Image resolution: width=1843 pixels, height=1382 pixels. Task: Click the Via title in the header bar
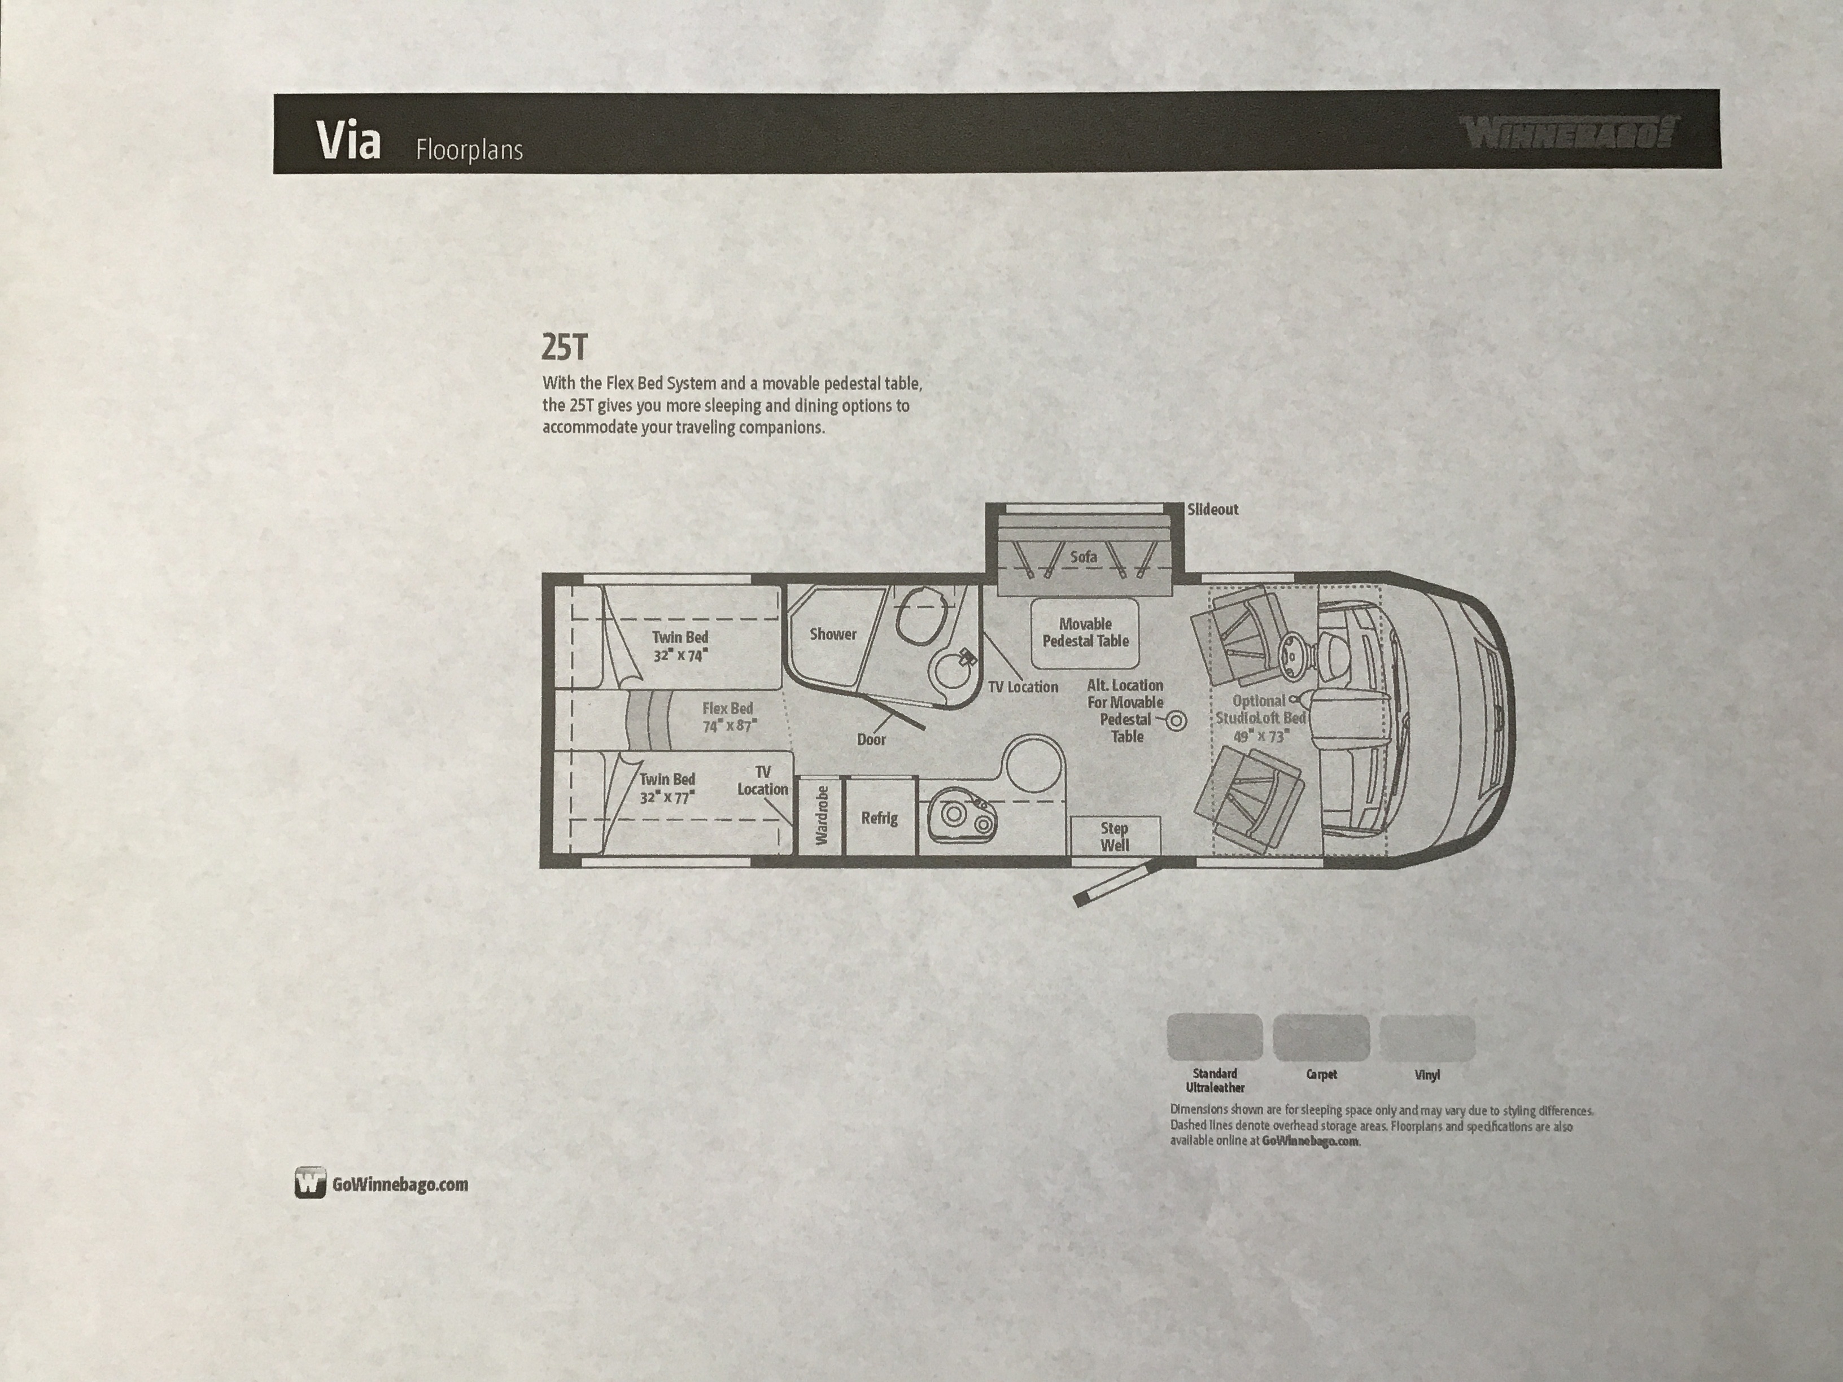[348, 142]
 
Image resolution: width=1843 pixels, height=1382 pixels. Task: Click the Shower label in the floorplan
[832, 634]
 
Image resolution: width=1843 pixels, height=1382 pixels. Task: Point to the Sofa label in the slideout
[1083, 557]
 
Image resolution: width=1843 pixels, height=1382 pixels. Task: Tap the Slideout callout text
[1212, 509]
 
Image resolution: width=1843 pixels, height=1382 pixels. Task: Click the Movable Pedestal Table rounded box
[1085, 633]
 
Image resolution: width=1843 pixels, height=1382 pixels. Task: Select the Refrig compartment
[879, 817]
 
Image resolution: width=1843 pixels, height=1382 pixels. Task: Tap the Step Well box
[1115, 836]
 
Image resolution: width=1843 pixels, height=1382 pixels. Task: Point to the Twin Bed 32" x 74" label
[680, 646]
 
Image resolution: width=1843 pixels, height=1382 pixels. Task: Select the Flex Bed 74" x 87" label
[727, 716]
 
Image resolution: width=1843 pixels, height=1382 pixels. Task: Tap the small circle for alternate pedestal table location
[1177, 720]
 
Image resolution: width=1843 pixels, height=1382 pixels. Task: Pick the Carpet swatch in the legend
[1321, 1036]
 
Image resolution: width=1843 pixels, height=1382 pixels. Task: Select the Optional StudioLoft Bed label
[1260, 718]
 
